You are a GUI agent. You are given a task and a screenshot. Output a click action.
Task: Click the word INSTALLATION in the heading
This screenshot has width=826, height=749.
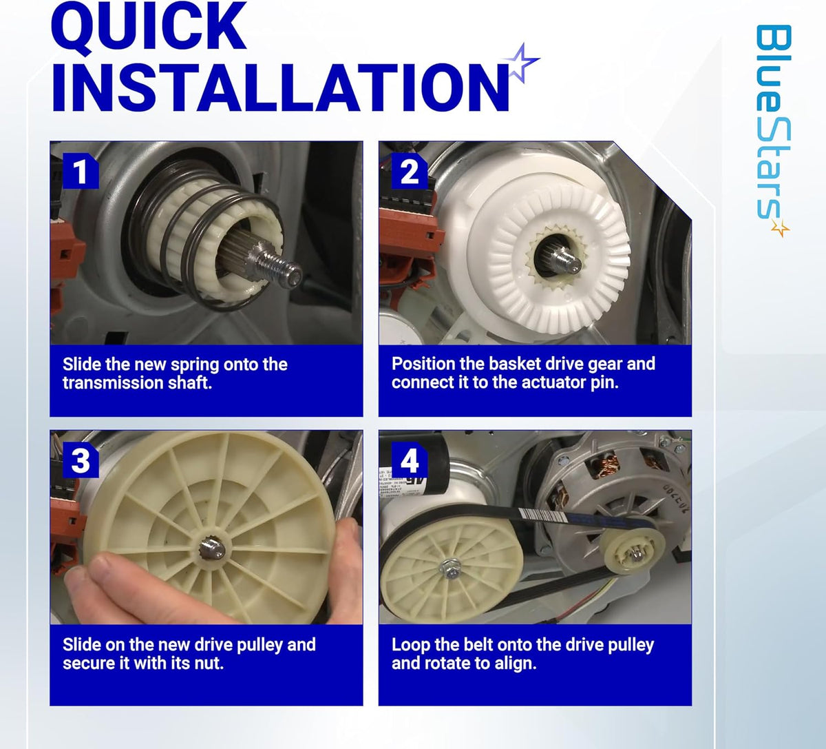[x=280, y=88]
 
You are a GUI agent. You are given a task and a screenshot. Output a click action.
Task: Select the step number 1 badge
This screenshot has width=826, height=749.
[x=81, y=171]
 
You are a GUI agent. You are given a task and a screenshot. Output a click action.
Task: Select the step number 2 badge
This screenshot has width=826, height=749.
[x=410, y=171]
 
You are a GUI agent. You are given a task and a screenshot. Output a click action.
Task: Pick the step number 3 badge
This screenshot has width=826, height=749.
[x=81, y=460]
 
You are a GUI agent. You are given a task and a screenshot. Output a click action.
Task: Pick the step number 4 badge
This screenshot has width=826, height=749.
[x=410, y=460]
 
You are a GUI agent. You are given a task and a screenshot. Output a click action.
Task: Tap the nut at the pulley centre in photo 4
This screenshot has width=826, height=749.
[x=450, y=568]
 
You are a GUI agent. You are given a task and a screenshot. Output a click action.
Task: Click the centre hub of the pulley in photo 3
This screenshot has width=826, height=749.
[x=211, y=549]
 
